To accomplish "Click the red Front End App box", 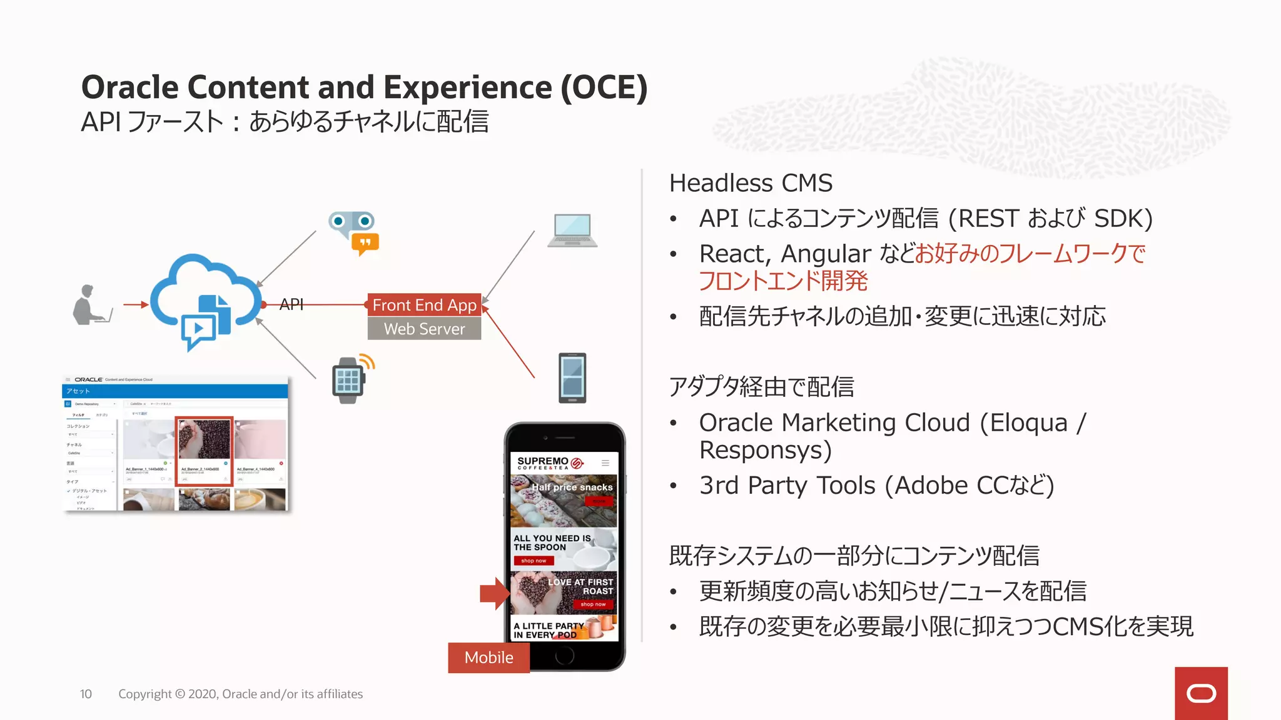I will click(424, 305).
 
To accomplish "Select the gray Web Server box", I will click(424, 329).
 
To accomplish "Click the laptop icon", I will click(572, 231).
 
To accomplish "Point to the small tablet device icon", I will click(572, 378).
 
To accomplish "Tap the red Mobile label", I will click(489, 657).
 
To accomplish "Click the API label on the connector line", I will click(291, 304).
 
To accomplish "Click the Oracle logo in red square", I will click(1201, 693).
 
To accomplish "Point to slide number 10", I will click(86, 694).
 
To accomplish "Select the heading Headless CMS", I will click(751, 183).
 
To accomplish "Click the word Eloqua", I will click(1028, 423).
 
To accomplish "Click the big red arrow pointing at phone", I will click(494, 593).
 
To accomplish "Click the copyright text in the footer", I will click(240, 694).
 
